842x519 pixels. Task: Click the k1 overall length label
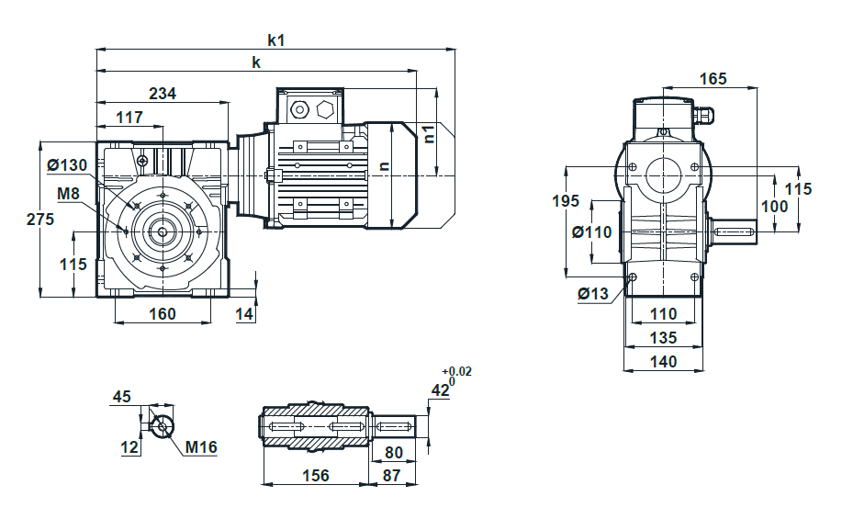[276, 40]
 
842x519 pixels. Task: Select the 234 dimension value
[163, 94]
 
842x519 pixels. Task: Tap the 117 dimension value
[129, 118]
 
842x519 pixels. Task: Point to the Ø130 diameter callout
[67, 165]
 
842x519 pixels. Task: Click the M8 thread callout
[68, 194]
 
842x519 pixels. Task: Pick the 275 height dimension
[40, 220]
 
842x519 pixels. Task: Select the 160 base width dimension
[163, 314]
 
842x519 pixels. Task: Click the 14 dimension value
[244, 314]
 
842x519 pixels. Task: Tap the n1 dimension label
[429, 134]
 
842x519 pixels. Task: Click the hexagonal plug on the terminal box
[325, 110]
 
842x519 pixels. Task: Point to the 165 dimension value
[713, 79]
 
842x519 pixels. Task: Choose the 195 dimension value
[566, 201]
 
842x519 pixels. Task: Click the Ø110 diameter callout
[591, 232]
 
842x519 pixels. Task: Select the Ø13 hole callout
[593, 293]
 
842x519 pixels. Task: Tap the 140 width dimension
[663, 362]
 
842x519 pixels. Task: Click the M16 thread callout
[201, 447]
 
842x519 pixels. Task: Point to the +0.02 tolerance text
[456, 371]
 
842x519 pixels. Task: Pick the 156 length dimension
[316, 476]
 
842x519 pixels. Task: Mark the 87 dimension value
[392, 476]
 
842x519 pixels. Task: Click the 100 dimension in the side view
[775, 207]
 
